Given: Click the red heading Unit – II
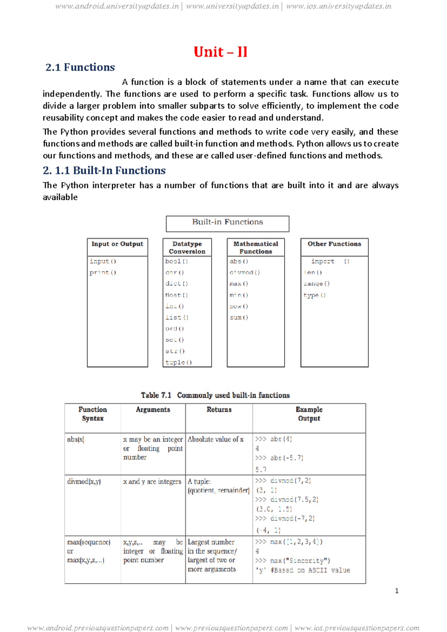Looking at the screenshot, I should point(221,52).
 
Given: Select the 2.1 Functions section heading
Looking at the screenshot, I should point(80,67).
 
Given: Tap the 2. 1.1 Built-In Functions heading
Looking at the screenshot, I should point(104,171).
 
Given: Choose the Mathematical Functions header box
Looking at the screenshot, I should point(256,247).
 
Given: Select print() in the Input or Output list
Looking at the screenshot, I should point(103,273).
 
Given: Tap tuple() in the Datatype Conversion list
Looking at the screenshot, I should point(178,363).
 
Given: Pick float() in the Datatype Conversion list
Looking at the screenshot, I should point(177,295).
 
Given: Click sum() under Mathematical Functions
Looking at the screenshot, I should point(239,317).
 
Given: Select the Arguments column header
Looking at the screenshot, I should point(153,410).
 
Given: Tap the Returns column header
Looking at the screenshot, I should point(219,410).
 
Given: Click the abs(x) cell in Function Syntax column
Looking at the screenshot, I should point(76,440).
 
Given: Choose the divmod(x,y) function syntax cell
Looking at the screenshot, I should point(84,482).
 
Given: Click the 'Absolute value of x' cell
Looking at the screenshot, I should point(216,440).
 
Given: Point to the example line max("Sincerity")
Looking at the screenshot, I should point(293,561).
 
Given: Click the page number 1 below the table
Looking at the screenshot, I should point(397,591).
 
